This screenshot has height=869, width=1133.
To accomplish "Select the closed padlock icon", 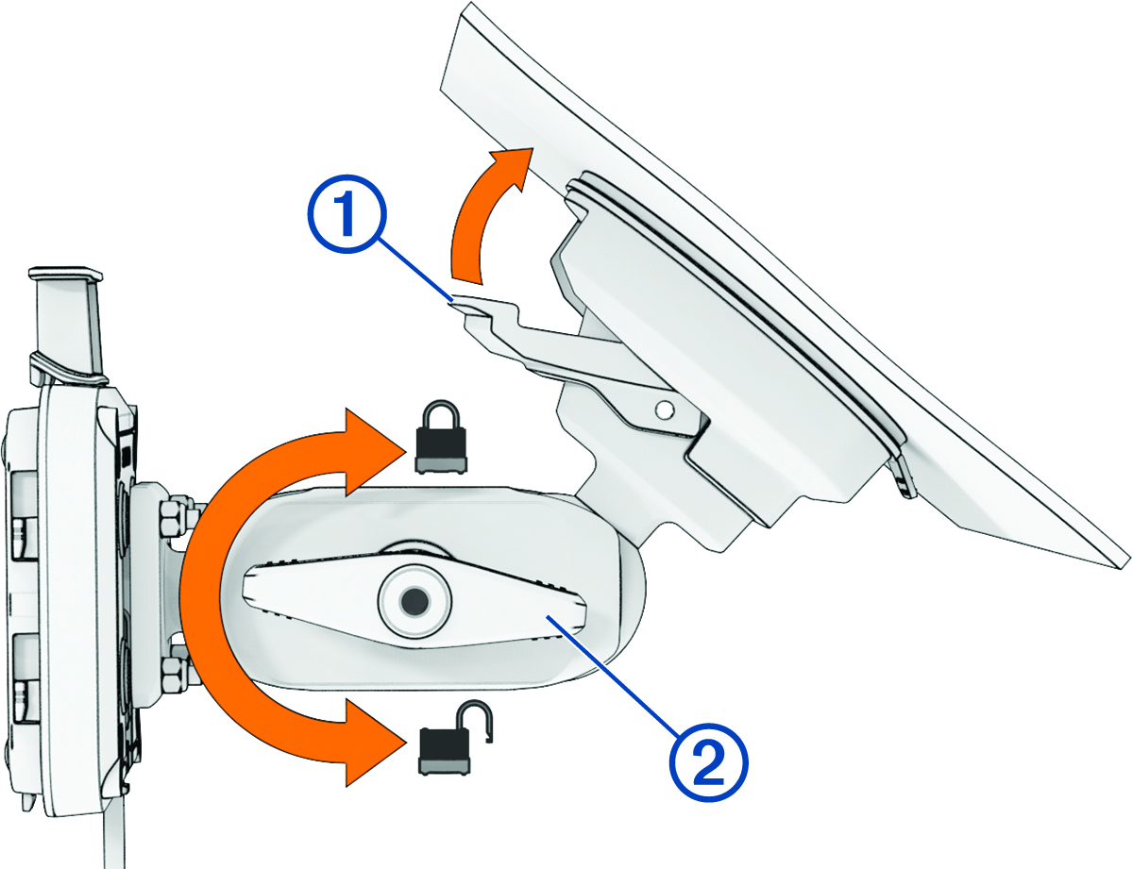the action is pyautogui.click(x=441, y=437).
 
